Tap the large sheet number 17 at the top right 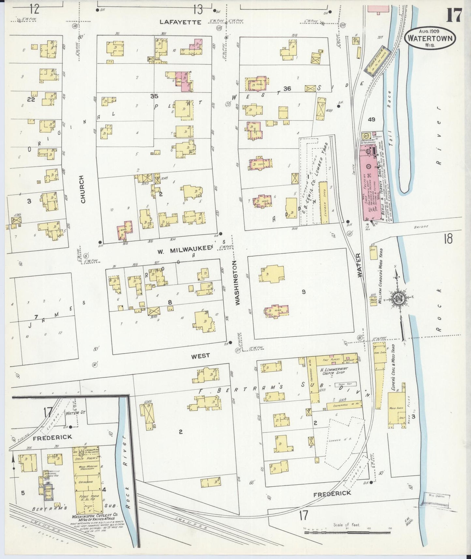[454, 15]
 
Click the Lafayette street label [180, 22]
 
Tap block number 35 [154, 96]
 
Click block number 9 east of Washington [303, 292]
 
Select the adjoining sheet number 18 [448, 239]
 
